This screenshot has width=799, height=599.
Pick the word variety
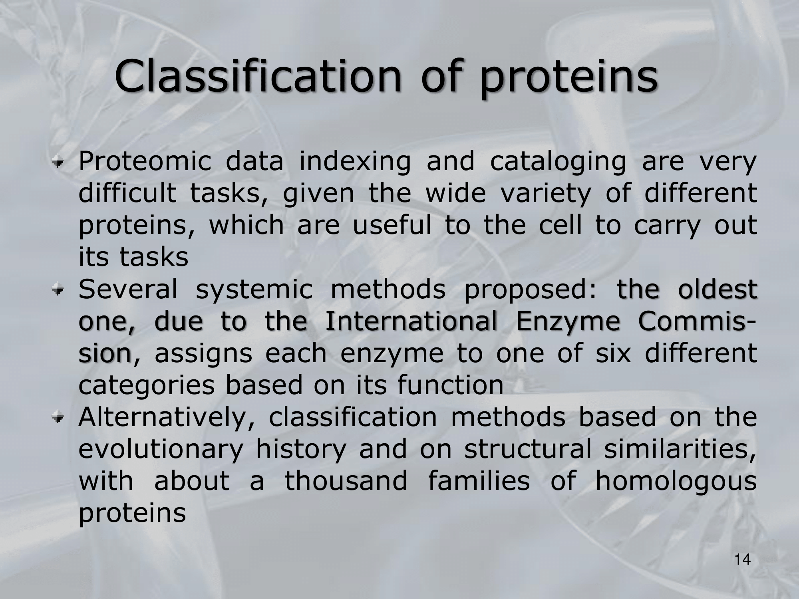click(x=545, y=194)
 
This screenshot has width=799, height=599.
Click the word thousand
click(x=346, y=481)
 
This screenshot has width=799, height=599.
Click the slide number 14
click(x=743, y=560)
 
